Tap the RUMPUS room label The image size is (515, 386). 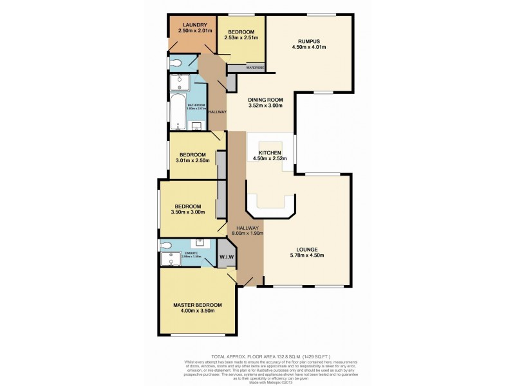[x=309, y=39]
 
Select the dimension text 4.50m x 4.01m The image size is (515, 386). [x=309, y=46]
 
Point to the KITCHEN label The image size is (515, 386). [x=270, y=152]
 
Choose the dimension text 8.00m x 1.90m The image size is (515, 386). [x=247, y=235]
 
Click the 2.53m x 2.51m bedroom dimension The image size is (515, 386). [x=241, y=38]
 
